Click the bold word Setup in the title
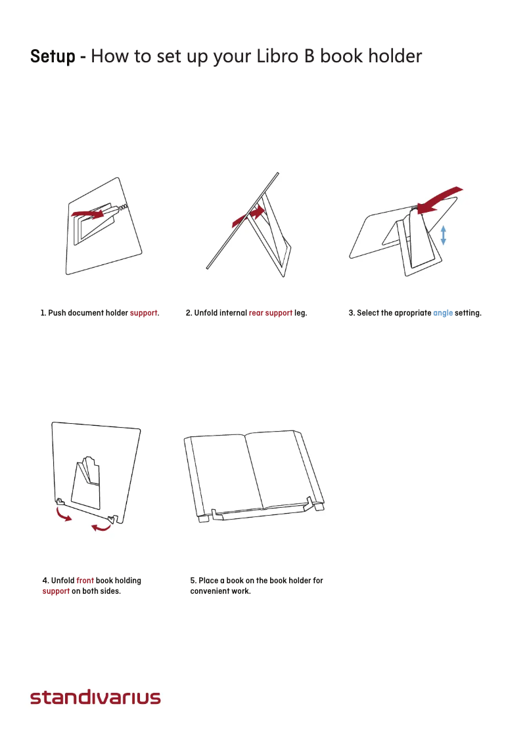pos(53,56)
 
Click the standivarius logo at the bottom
pos(95,697)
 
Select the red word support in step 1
pos(143,313)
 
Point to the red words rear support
pos(270,313)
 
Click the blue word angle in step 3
pos(443,313)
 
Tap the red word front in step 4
pos(85,580)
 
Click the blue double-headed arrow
pos(444,235)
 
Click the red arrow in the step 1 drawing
pos(88,214)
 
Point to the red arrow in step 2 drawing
pos(250,216)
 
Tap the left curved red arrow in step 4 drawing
pos(62,515)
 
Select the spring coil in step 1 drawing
pos(123,207)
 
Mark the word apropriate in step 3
pos(413,313)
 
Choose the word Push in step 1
pos(57,313)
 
